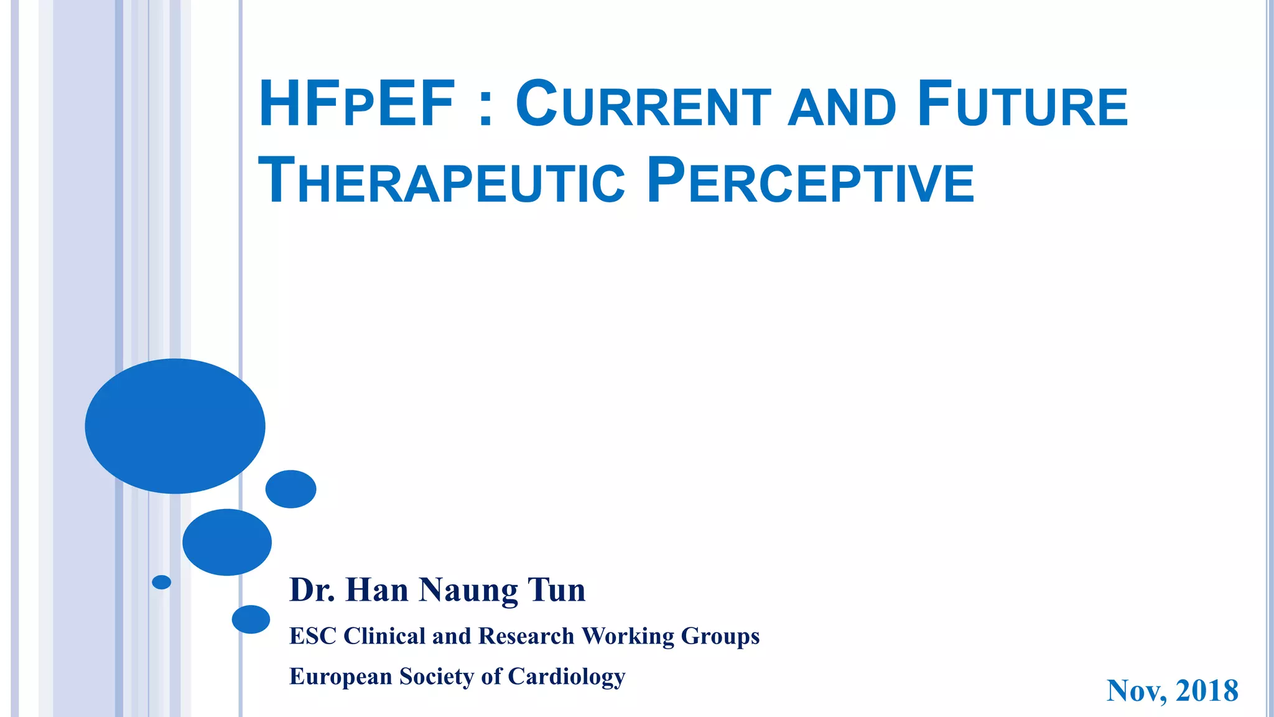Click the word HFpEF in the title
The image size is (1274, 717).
[x=356, y=104]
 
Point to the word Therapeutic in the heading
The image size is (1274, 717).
[x=441, y=181]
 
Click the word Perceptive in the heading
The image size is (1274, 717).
[x=810, y=181]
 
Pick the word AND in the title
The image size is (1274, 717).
[x=842, y=107]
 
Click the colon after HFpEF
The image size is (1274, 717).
[x=486, y=109]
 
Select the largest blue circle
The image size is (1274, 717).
[x=175, y=426]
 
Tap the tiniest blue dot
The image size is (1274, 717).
[x=162, y=582]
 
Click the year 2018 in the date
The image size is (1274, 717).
[x=1207, y=691]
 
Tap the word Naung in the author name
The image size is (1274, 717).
[x=468, y=591]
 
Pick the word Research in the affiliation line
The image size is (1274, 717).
[x=526, y=636]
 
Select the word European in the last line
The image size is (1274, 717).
[x=340, y=677]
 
